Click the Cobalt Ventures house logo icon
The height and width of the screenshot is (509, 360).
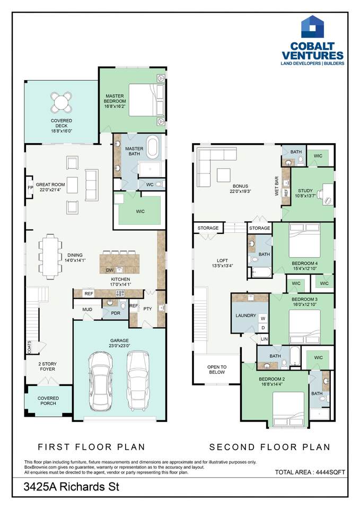(x=313, y=27)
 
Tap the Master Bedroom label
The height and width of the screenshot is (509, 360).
(x=115, y=101)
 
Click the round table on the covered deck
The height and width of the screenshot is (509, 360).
(x=62, y=101)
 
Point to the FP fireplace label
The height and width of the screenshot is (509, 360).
(x=30, y=188)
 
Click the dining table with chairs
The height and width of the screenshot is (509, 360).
(x=50, y=257)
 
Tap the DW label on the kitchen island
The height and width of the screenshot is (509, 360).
(x=109, y=270)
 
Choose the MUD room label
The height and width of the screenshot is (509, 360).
(x=87, y=310)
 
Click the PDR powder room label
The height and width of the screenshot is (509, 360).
(x=116, y=313)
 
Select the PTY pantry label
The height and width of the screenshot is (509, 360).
(x=147, y=309)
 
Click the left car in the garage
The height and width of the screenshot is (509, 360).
(x=101, y=381)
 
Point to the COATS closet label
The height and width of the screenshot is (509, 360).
(x=30, y=347)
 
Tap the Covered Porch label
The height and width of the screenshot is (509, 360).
(x=48, y=401)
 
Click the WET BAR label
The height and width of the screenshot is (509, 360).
(x=277, y=186)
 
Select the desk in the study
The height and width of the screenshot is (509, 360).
(x=327, y=194)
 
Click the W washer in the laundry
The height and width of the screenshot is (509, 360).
(x=263, y=319)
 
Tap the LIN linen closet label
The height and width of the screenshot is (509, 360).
(x=264, y=339)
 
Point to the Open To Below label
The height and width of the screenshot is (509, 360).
(x=217, y=370)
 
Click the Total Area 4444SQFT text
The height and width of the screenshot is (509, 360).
(x=310, y=472)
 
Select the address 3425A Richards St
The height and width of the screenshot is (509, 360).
(x=72, y=487)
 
